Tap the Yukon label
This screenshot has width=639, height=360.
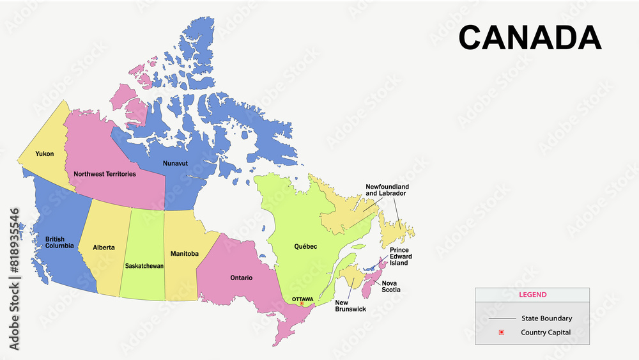pyautogui.click(x=45, y=154)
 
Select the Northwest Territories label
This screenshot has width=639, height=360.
pyautogui.click(x=105, y=174)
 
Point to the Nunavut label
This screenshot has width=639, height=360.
pyautogui.click(x=175, y=163)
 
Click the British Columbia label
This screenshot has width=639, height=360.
pyautogui.click(x=59, y=242)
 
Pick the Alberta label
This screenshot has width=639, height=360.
pyautogui.click(x=104, y=247)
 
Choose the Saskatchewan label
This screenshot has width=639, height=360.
pyautogui.click(x=144, y=265)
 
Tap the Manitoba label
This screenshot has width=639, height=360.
pyautogui.click(x=185, y=254)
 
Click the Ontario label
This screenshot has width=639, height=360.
pyautogui.click(x=242, y=278)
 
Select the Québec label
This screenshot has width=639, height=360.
pyautogui.click(x=305, y=246)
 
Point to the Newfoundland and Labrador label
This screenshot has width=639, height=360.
pyautogui.click(x=387, y=190)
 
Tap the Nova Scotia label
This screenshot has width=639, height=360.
pyautogui.click(x=391, y=286)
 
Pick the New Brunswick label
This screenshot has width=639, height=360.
pyautogui.click(x=351, y=306)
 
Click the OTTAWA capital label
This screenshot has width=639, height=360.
pyautogui.click(x=302, y=299)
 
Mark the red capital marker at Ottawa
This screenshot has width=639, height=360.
pyautogui.click(x=302, y=304)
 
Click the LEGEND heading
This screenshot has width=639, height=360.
pyautogui.click(x=532, y=295)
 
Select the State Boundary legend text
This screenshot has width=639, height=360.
pyautogui.click(x=546, y=318)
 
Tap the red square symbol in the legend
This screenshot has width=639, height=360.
pyautogui.click(x=502, y=332)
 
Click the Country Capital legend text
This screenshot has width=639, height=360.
pyautogui.click(x=546, y=332)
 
